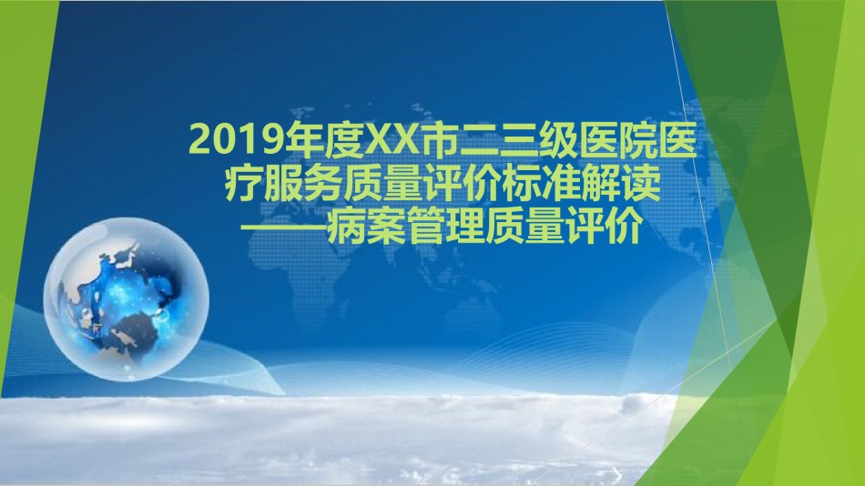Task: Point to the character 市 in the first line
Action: tap(436, 141)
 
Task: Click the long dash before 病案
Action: tap(286, 228)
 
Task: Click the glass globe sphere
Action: tap(126, 299)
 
